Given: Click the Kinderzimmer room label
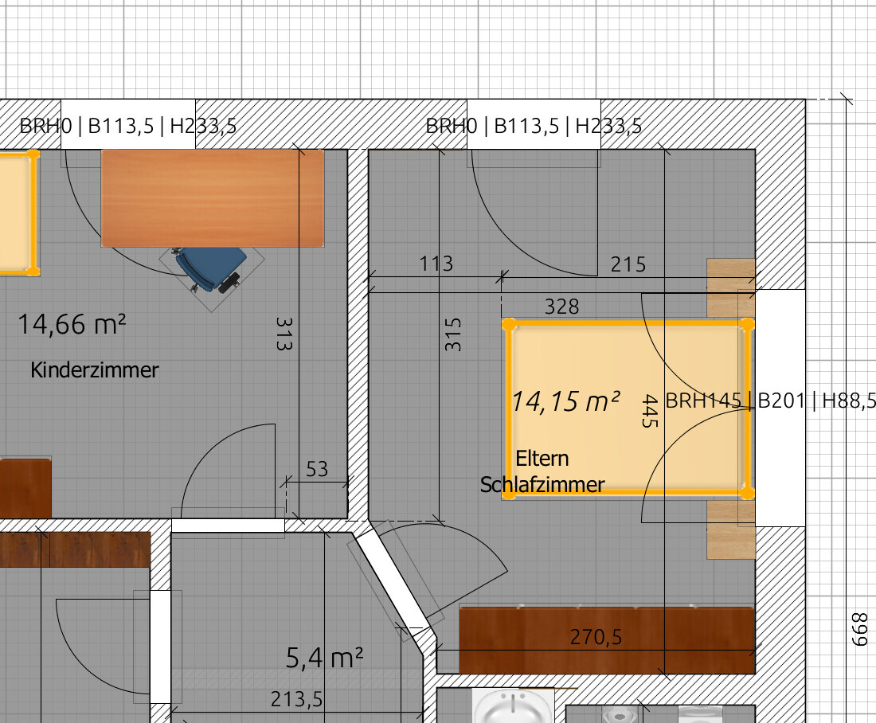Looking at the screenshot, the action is coord(95,370).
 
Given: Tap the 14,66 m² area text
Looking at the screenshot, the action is coord(72,324).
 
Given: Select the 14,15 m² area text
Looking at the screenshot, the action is coord(565,401).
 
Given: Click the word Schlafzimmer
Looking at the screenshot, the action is coord(542,484).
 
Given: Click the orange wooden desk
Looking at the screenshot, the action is coord(213,198).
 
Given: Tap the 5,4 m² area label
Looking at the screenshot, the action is coord(324,658).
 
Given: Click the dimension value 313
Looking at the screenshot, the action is coord(284,334).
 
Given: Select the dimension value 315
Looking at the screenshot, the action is coord(453,334).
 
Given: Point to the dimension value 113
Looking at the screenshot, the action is coord(436,264).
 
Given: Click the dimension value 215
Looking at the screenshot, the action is coord(628,264).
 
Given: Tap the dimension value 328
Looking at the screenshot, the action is coord(562,307).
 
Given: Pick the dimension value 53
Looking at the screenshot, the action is coord(317,469).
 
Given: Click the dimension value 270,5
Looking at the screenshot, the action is coord(596,637).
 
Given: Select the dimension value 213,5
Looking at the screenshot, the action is coord(297,699).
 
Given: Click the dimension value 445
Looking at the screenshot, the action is coord(650,411).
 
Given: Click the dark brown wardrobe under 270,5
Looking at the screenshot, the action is coord(607,639).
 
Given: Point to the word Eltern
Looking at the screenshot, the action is coord(542,458).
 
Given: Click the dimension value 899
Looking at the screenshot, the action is coord(859,629).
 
